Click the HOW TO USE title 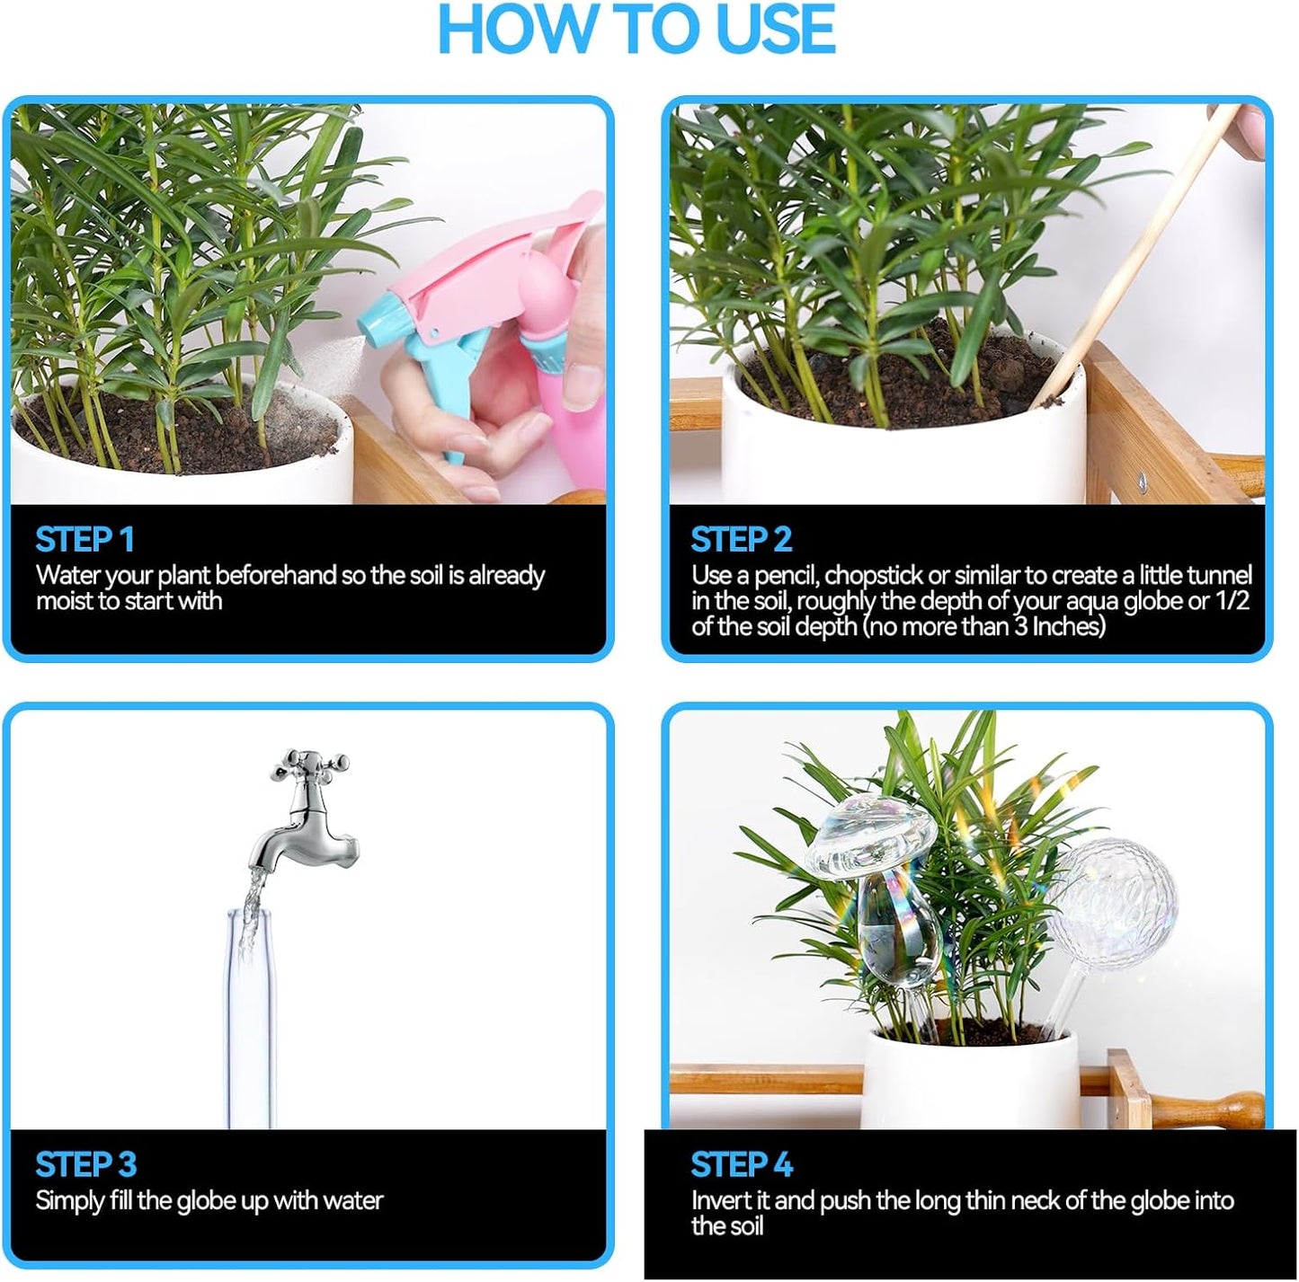(x=636, y=31)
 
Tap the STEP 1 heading (x=85, y=540)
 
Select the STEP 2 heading (x=741, y=540)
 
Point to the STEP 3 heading (x=85, y=1165)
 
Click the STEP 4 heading (x=742, y=1165)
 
